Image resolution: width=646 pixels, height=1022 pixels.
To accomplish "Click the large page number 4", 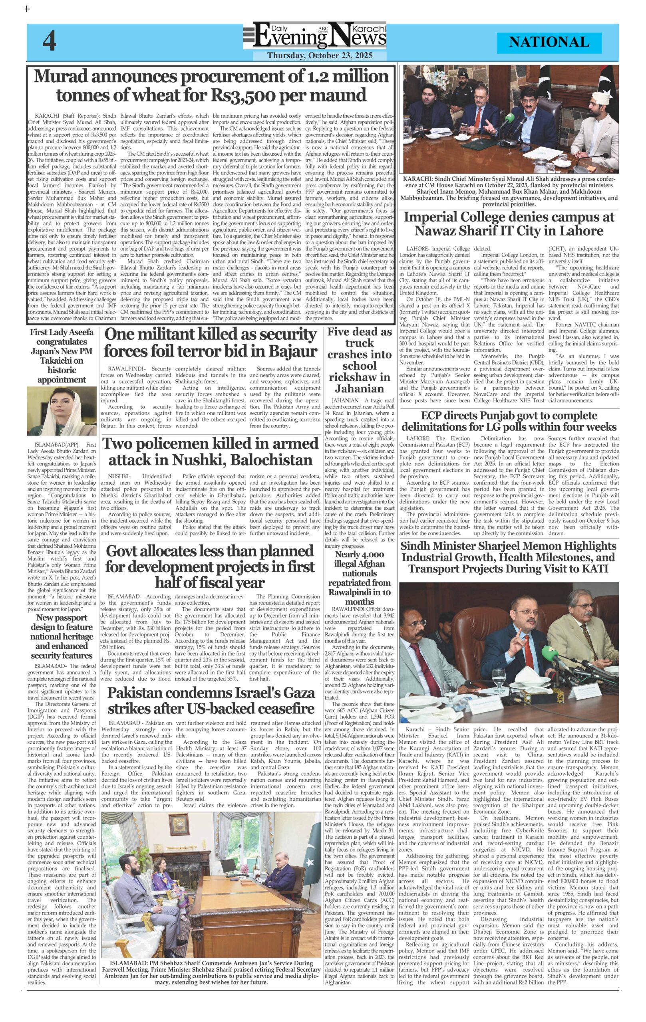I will pyautogui.click(x=49, y=42).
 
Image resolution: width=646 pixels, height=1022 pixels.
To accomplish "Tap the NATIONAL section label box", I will pyautogui.click(x=549, y=42).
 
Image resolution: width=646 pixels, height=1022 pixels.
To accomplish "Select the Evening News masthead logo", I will pyautogui.click(x=315, y=38).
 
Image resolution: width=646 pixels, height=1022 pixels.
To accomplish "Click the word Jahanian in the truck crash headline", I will pyautogui.click(x=359, y=388).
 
